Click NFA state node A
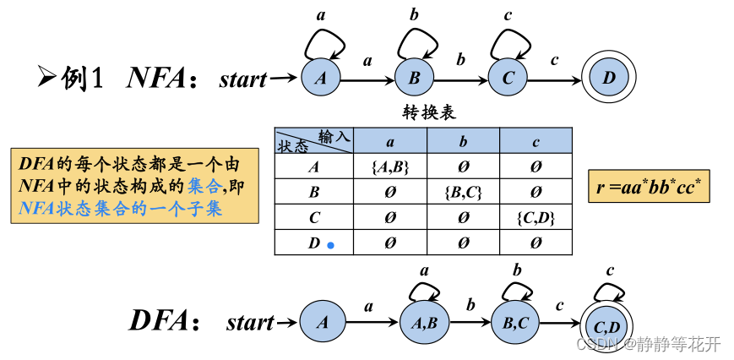coord(321,79)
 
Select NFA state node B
coord(415,79)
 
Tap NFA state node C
coord(508,79)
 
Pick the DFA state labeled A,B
coord(422,322)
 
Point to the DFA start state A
coord(321,322)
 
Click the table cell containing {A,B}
coord(389,166)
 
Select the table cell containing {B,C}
coord(463,192)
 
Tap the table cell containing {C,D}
coord(536,218)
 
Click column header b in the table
coord(463,140)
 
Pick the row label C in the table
coord(313,218)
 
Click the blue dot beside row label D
coord(331,245)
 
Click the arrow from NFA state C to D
coord(555,79)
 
